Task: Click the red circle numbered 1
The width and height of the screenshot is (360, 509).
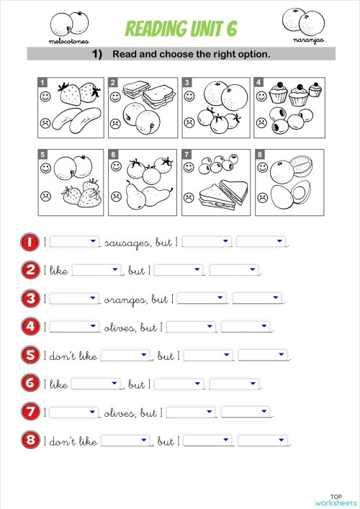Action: click(x=30, y=243)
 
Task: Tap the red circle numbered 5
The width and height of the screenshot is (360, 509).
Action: click(x=30, y=355)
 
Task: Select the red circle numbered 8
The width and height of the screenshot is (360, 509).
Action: click(x=30, y=440)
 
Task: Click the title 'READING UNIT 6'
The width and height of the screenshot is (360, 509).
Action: click(x=181, y=28)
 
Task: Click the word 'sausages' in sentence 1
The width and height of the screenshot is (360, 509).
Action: click(x=128, y=243)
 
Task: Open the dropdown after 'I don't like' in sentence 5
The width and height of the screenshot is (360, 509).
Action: click(x=125, y=356)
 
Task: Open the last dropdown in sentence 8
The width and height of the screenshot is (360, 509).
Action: click(x=262, y=441)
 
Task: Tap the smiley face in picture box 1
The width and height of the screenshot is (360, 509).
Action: click(x=45, y=95)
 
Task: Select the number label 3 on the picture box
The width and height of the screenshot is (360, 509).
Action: click(x=187, y=83)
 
